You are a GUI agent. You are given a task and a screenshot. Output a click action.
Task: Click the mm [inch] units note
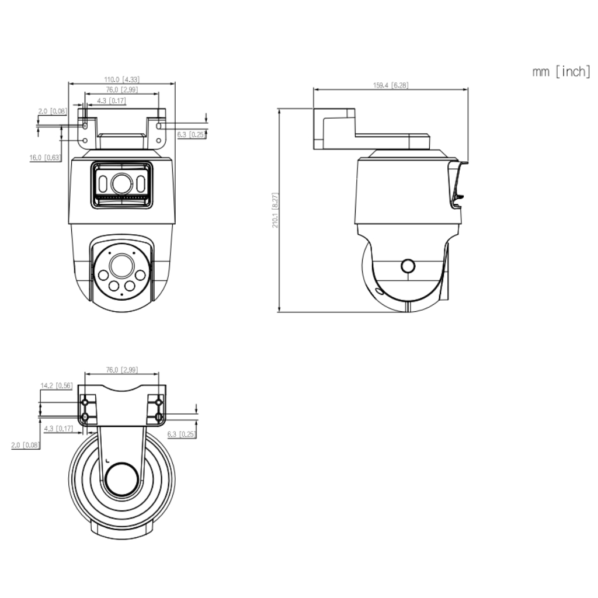pos(561,71)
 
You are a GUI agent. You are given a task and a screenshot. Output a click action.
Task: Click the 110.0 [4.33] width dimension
pos(121,79)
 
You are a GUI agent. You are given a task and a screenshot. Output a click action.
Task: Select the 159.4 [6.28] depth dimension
pos(391,85)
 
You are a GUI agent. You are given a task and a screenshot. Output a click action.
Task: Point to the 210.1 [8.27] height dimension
pos(275,210)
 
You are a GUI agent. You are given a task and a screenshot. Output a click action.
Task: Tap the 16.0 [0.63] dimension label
pos(46,158)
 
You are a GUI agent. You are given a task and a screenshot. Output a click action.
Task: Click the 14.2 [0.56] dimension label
pos(56,385)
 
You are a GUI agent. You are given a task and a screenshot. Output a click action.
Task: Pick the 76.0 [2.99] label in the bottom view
pos(121,370)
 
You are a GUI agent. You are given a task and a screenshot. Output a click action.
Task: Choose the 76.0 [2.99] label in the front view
pos(121,89)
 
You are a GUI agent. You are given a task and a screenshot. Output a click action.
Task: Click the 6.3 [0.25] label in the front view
pos(192,134)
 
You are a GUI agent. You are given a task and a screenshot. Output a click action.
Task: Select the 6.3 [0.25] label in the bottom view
pos(182,434)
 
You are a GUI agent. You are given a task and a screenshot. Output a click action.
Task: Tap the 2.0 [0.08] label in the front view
pos(52,111)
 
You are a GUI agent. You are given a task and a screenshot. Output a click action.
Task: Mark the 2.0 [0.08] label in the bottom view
pos(26,444)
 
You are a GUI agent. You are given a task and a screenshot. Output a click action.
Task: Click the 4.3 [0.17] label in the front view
pos(112,100)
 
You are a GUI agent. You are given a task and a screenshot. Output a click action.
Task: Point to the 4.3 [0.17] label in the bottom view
pos(58,428)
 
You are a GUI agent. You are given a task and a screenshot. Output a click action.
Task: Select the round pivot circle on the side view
pos(408,266)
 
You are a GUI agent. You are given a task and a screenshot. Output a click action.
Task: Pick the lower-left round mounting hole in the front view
pos(85,141)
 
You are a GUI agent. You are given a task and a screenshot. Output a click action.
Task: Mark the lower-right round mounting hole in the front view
pos(159,141)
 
